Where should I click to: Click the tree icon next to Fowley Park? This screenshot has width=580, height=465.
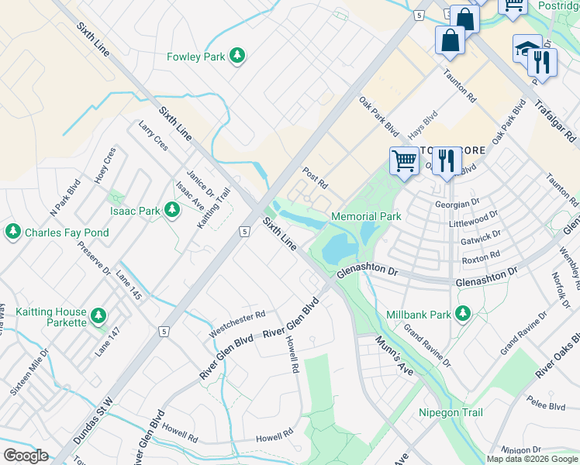pyautogui.click(x=239, y=56)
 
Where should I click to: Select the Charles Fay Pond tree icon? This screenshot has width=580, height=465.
pyautogui.click(x=12, y=232)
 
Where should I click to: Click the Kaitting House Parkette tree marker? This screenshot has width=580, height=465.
pyautogui.click(x=98, y=315)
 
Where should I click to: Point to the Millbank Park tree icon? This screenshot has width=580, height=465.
pyautogui.click(x=463, y=314)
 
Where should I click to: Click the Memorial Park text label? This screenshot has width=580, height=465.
pyautogui.click(x=366, y=216)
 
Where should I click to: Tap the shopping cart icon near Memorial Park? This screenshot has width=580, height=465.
pyautogui.click(x=404, y=161)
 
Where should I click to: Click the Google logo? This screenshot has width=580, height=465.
pyautogui.click(x=26, y=456)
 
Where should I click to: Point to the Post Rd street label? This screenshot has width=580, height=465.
pyautogui.click(x=316, y=177)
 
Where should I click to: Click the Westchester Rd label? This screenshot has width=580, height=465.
pyautogui.click(x=237, y=324)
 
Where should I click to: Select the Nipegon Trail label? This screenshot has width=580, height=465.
pyautogui.click(x=450, y=413)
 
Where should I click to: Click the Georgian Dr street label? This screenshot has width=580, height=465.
pyautogui.click(x=474, y=203)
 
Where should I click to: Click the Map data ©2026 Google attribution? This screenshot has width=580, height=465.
pyautogui.click(x=531, y=458)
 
